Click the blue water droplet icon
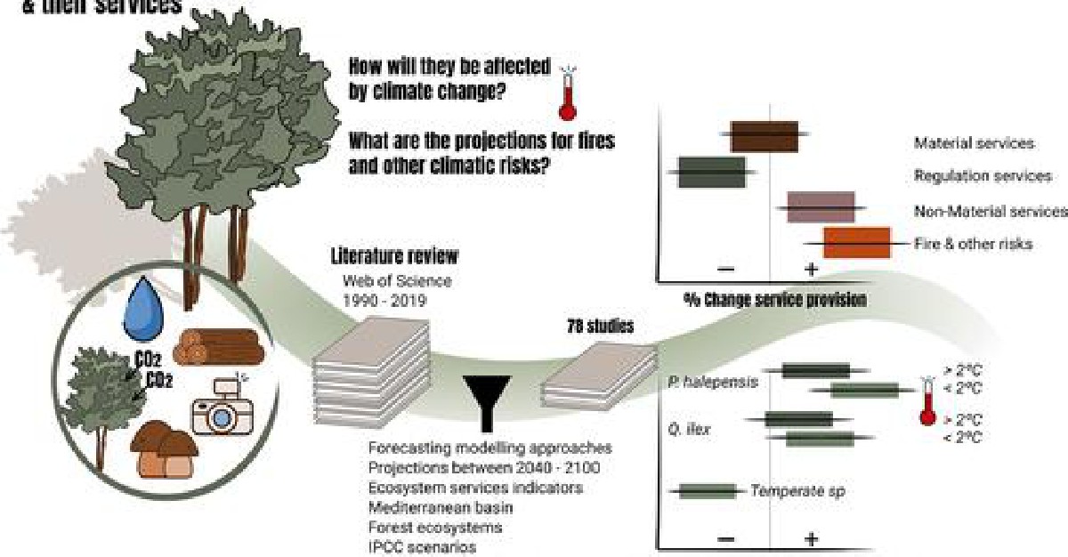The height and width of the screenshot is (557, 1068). [145, 305]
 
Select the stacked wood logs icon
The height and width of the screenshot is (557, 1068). [216, 346]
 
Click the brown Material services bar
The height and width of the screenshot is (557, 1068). [765, 136]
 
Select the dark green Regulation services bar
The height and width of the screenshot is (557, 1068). [711, 172]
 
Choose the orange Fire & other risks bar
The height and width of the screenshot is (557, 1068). [856, 242]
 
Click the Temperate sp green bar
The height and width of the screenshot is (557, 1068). [707, 490]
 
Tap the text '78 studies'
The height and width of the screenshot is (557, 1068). [601, 327]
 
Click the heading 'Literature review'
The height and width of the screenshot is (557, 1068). [394, 257]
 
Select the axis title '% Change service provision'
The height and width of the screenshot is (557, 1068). [774, 300]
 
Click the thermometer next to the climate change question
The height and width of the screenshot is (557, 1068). [566, 92]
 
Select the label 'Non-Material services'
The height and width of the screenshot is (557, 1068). [990, 211]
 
